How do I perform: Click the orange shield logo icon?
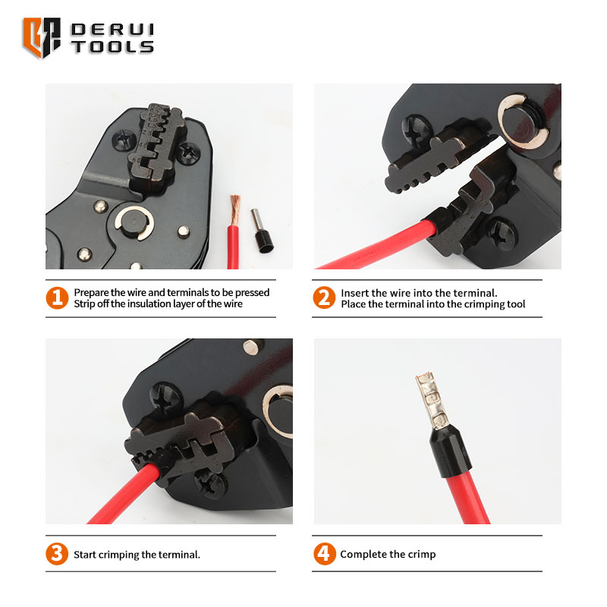[x=42, y=37]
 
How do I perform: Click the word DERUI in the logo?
[x=112, y=30]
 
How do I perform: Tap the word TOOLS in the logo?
[x=112, y=47]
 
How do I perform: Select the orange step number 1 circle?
[x=57, y=297]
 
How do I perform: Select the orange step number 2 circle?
[x=324, y=297]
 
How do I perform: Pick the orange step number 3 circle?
[x=57, y=554]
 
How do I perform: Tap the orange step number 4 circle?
[x=324, y=554]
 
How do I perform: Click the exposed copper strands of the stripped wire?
[x=235, y=210]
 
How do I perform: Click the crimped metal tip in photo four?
[x=431, y=400]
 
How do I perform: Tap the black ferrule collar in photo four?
[x=450, y=449]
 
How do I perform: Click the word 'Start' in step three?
[x=85, y=555]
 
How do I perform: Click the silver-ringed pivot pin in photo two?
[x=523, y=121]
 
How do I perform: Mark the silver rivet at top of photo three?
[x=251, y=347]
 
